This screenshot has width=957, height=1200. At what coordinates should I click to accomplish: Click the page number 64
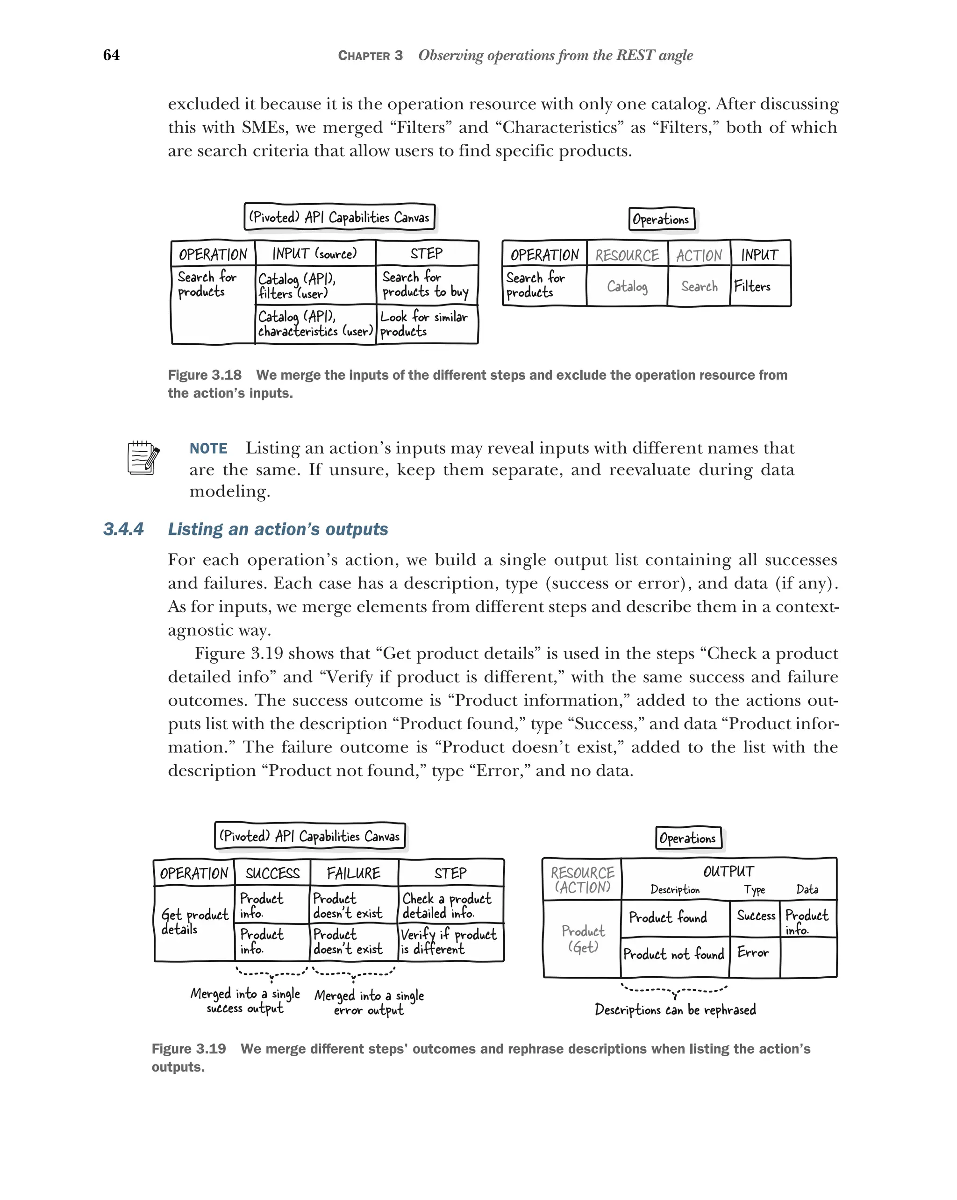(111, 55)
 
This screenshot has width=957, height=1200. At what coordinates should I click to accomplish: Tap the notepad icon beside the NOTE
(143, 457)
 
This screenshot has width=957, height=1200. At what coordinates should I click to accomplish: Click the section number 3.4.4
(123, 529)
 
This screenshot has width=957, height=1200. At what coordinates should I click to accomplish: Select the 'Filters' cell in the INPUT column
(759, 286)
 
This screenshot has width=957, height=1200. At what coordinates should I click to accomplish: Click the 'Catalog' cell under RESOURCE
(627, 286)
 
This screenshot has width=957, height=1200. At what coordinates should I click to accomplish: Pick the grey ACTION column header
(699, 256)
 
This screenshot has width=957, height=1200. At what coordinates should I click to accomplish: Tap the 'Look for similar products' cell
(427, 324)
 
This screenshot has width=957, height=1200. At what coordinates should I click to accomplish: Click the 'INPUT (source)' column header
(314, 254)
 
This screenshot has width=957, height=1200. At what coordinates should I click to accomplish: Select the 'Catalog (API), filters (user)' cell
(315, 285)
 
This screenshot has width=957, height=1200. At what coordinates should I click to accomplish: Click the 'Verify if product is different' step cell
(450, 942)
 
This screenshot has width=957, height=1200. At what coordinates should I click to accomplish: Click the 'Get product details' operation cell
(194, 922)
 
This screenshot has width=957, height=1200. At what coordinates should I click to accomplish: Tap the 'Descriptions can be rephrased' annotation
(675, 1009)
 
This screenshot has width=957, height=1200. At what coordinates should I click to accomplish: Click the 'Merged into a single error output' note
(369, 1002)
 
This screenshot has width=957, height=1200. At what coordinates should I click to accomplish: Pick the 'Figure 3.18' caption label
(204, 375)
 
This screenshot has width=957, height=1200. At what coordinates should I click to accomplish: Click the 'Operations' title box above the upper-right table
(661, 219)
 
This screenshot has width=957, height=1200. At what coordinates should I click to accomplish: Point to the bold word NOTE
(208, 448)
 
